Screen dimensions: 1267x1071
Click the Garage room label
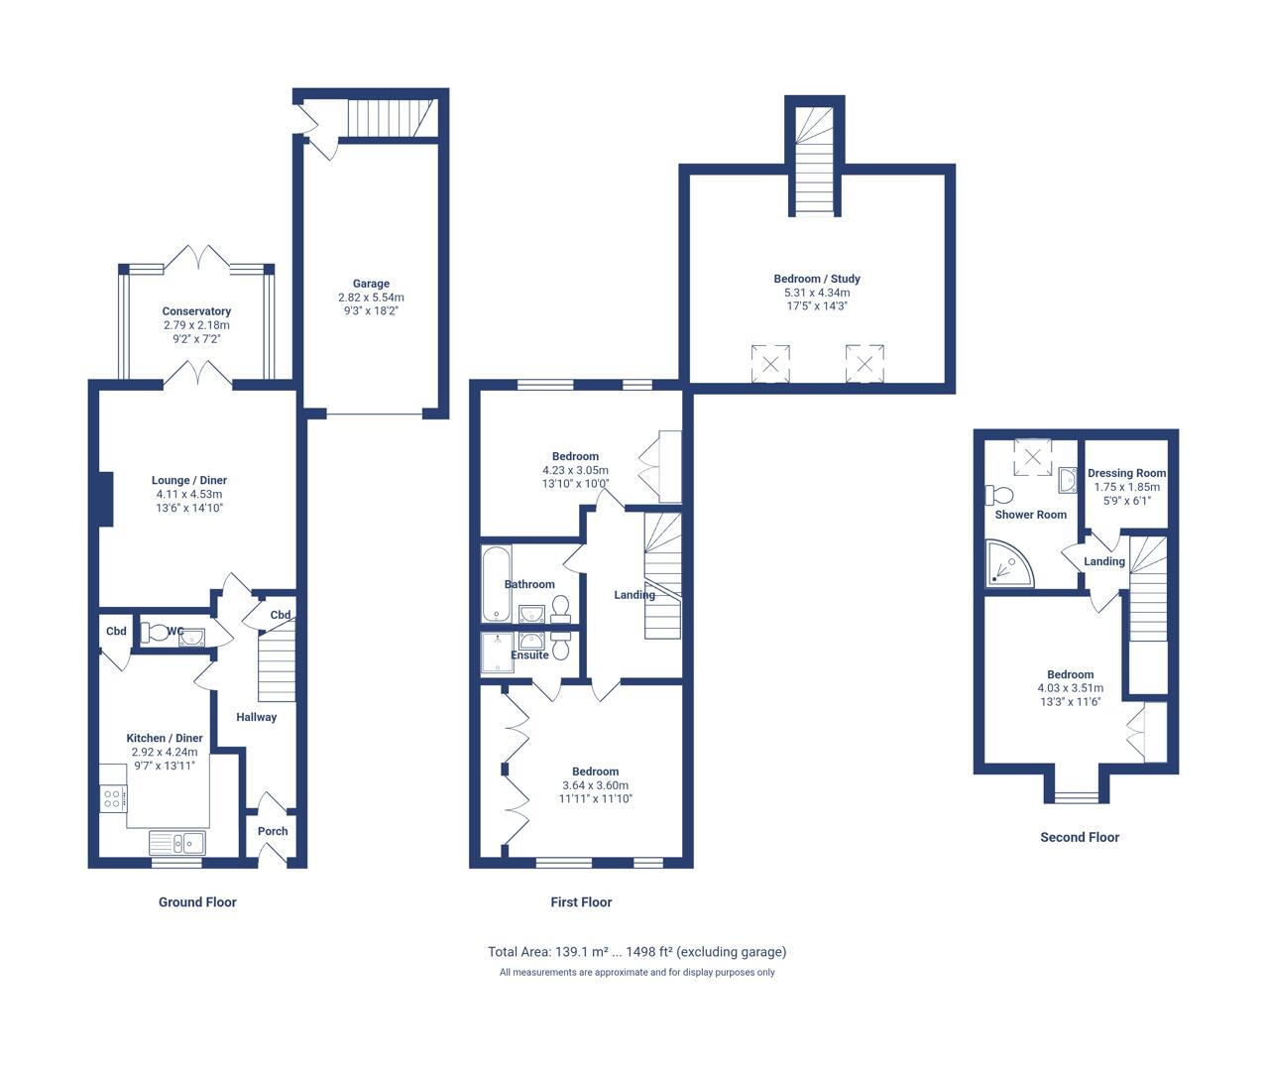tap(371, 284)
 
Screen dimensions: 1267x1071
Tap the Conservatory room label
tap(196, 311)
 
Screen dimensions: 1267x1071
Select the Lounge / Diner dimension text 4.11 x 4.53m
tap(189, 494)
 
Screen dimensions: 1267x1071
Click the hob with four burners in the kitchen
tap(113, 798)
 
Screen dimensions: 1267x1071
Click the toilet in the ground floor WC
tap(154, 633)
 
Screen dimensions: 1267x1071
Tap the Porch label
tap(273, 831)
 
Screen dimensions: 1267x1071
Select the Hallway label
tap(256, 717)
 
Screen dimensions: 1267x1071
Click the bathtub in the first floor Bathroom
tap(497, 583)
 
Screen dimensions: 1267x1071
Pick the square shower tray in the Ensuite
tap(498, 654)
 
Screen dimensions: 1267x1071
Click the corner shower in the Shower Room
tap(1009, 564)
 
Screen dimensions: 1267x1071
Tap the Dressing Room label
tap(1127, 473)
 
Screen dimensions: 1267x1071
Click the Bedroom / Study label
tap(817, 279)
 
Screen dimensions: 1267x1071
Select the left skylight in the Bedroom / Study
tap(770, 364)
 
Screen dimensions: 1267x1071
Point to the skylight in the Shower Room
tap(1033, 456)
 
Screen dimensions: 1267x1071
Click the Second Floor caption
tap(1080, 837)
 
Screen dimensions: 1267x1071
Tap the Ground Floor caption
tap(197, 902)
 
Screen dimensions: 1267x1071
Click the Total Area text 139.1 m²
tap(581, 952)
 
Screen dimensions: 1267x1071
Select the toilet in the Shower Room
tap(999, 495)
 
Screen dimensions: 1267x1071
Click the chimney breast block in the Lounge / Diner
tap(105, 499)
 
